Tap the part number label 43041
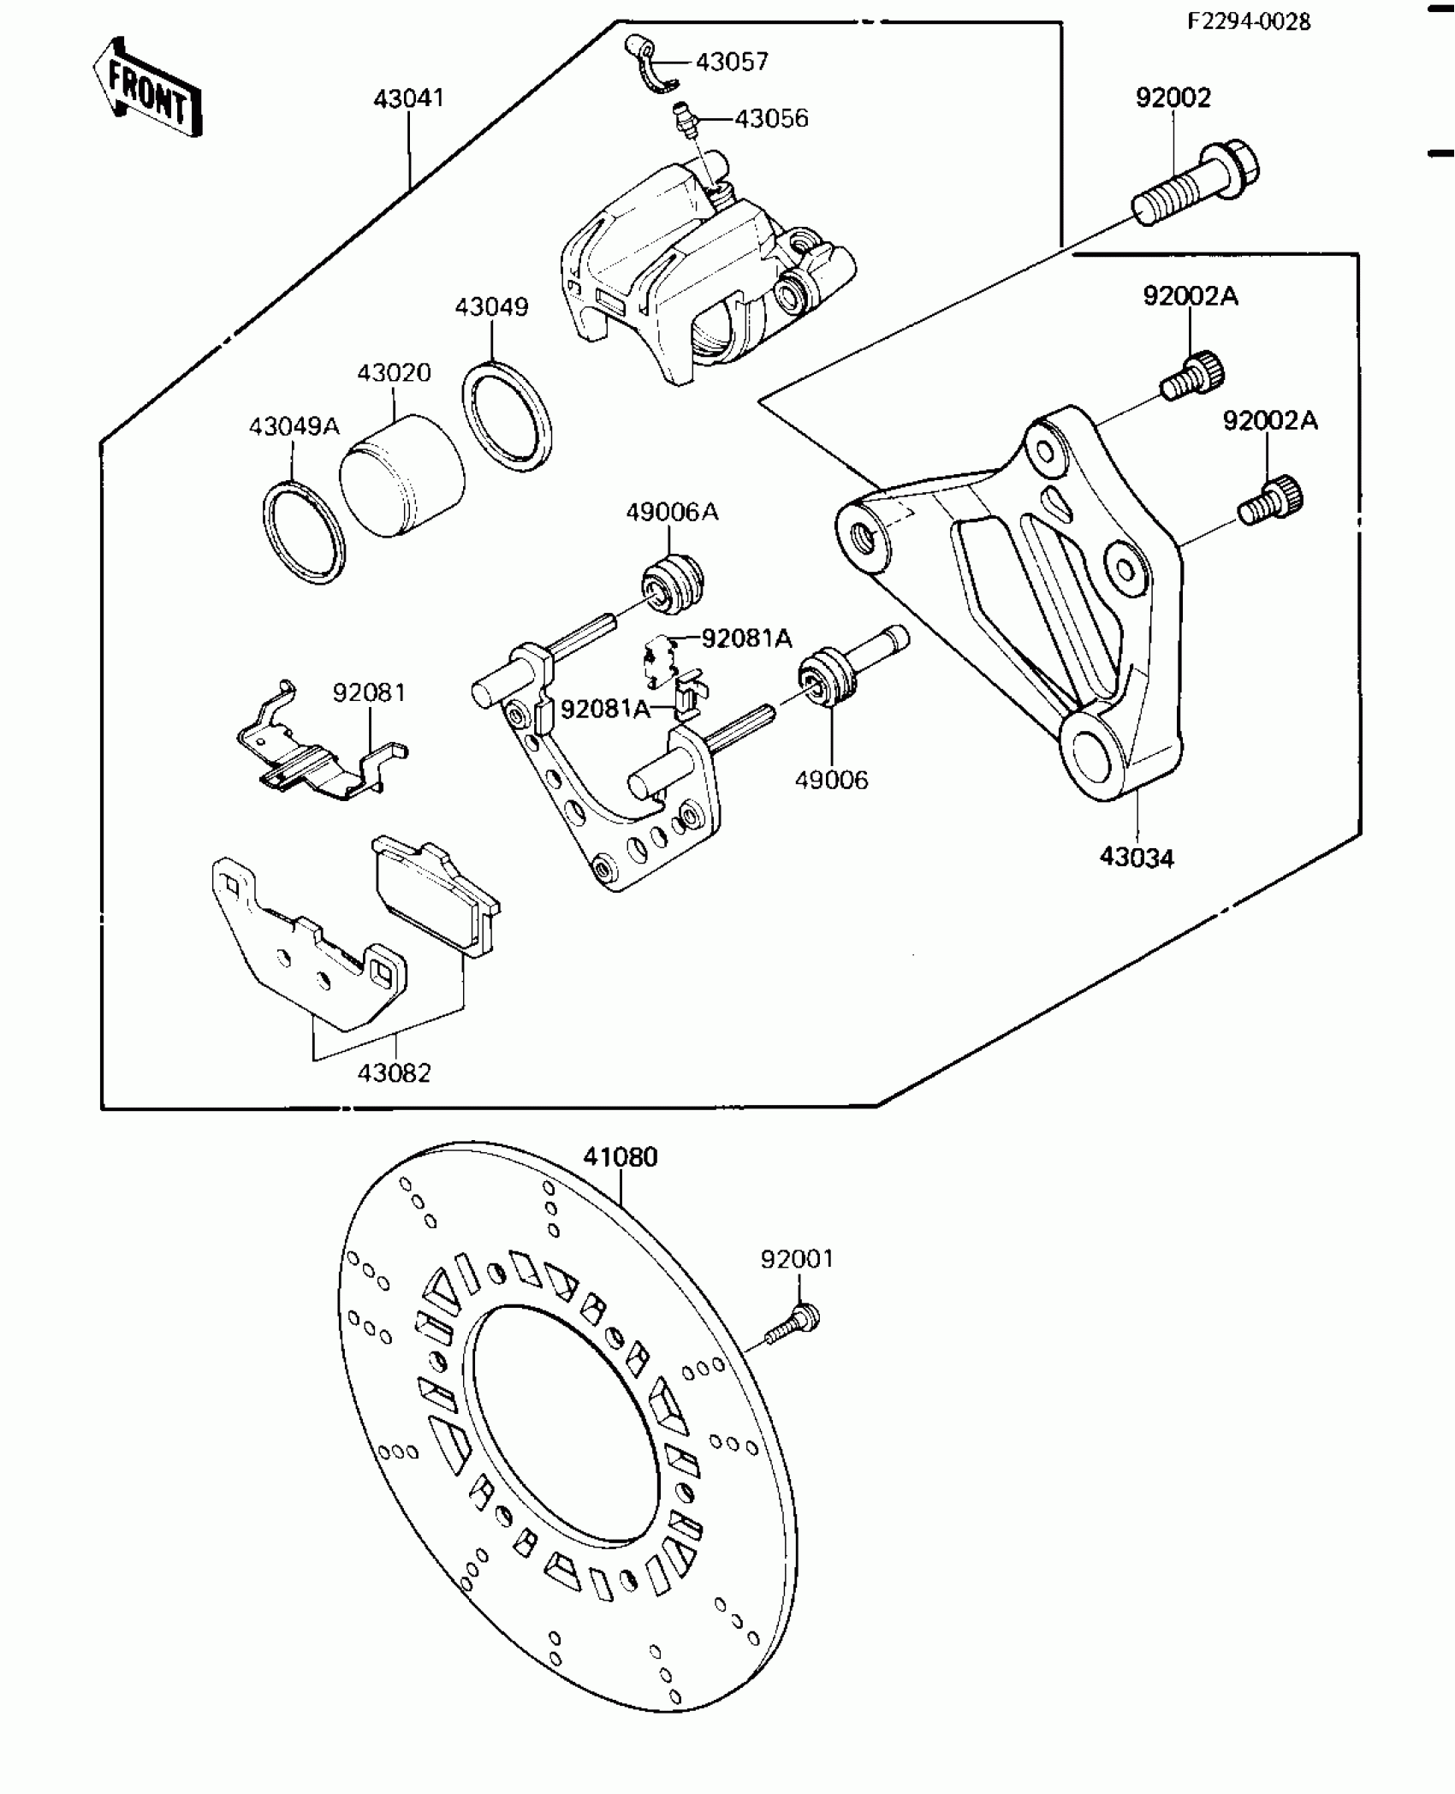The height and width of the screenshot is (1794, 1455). [x=408, y=98]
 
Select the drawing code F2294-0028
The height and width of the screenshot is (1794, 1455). [x=1248, y=21]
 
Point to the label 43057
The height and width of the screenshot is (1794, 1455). [x=732, y=62]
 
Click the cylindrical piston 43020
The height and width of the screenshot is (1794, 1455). [x=401, y=476]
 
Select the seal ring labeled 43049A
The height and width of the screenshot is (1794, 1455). [x=304, y=533]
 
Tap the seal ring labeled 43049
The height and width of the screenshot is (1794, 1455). [x=508, y=417]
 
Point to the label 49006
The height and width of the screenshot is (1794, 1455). [x=830, y=780]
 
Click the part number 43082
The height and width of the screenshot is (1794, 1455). [x=394, y=1072]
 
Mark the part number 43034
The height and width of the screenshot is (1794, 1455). [x=1137, y=857]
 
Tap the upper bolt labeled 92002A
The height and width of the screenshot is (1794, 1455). [x=1194, y=375]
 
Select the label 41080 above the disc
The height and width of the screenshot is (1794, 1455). [x=621, y=1157]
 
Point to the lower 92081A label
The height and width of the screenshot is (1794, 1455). [x=604, y=709]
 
